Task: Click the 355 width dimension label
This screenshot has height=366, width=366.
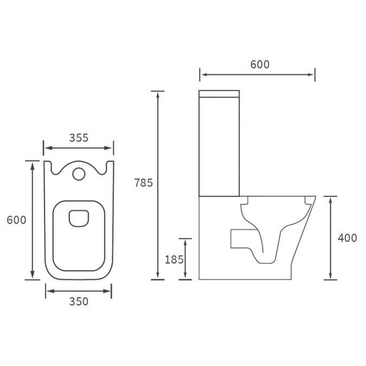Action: click(79, 138)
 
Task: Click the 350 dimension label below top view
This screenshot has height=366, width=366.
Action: click(79, 302)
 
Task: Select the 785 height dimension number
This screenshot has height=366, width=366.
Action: click(144, 183)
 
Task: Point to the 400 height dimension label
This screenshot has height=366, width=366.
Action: click(347, 237)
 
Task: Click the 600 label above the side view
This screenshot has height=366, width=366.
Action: click(260, 65)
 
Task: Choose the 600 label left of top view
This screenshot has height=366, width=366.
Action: click(16, 220)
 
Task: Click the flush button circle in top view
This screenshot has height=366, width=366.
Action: click(79, 174)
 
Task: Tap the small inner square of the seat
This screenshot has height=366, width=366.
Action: click(79, 217)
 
